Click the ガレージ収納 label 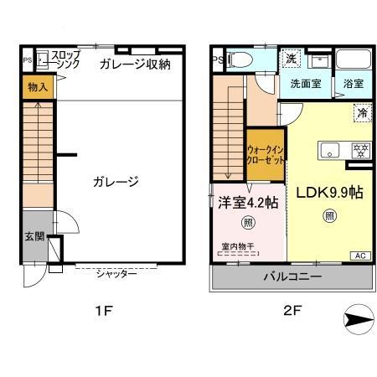click(134, 64)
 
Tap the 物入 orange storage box click(37, 86)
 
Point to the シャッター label click(116, 274)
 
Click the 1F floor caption click(103, 312)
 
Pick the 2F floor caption click(292, 312)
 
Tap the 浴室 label click(353, 84)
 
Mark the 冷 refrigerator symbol click(363, 111)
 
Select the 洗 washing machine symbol click(290, 59)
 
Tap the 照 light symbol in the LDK click(329, 215)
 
